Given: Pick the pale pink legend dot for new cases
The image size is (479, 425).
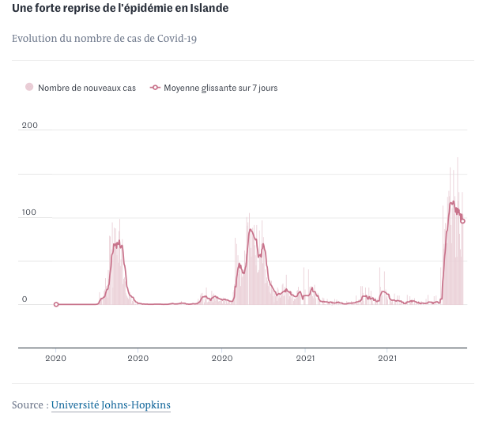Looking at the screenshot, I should click(x=30, y=88).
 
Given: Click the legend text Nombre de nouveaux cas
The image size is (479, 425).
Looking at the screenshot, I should click(x=87, y=88).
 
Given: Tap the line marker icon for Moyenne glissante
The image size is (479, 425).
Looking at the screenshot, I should click(x=155, y=88).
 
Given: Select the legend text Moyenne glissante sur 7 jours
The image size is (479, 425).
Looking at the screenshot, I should click(x=221, y=88).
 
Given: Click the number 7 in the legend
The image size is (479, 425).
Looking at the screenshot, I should click(x=255, y=88).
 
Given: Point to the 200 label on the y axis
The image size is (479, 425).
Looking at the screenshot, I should click(x=30, y=126).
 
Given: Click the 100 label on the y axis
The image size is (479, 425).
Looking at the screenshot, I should click(x=30, y=212).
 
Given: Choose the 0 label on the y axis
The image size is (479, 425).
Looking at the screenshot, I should click(x=25, y=299).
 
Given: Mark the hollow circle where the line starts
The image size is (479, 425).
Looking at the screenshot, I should click(x=55, y=304).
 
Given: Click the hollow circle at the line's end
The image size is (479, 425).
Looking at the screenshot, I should click(x=462, y=221).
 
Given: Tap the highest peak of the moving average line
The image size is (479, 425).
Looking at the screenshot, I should click(x=452, y=202).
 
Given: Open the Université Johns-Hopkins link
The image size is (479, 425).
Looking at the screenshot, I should click(x=111, y=405).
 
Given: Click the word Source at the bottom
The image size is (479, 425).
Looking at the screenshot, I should click(x=28, y=405).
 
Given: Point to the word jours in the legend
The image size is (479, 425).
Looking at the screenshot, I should click(x=268, y=88).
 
